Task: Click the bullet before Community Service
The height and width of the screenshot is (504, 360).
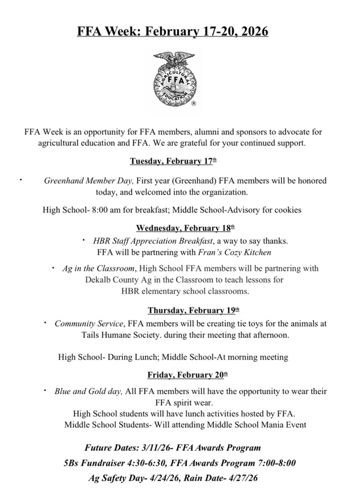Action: pos(44,323)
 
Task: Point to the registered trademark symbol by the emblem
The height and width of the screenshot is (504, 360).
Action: pos(193,104)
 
